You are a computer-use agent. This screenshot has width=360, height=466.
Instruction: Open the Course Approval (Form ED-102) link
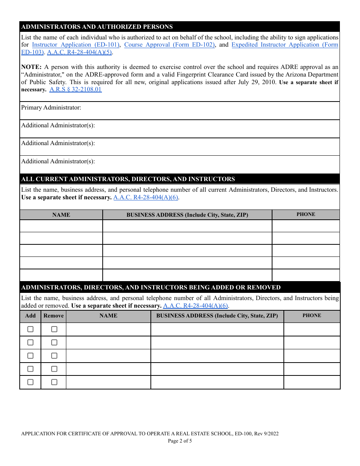pos(169,45)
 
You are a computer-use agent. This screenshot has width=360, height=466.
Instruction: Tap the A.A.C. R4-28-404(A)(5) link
pos(79,52)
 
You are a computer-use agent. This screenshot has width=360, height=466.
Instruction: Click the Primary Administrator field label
pos(51,108)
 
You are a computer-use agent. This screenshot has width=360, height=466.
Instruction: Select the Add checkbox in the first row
pos(30,329)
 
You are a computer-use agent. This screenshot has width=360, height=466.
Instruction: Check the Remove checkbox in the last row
pos(54,382)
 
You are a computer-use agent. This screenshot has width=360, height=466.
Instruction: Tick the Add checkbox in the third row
pos(30,356)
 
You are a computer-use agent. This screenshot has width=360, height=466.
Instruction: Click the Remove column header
pos(53,316)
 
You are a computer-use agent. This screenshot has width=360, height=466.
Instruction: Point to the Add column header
pos(30,316)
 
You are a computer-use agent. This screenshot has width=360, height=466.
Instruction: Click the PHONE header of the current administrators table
pos(306,214)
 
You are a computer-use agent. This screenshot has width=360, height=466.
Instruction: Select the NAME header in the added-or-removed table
pos(108,316)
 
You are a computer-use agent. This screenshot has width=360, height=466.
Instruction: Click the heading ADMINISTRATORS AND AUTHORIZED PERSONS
pos(97,27)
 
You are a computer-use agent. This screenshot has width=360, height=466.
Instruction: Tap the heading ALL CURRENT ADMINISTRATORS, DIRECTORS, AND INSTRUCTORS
pos(128,179)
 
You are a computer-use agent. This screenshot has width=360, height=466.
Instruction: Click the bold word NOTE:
pos(31,67)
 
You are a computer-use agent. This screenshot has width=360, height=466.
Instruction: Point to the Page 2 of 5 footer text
pos(180,441)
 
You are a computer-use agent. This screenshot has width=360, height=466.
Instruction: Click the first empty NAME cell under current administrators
pos(61,226)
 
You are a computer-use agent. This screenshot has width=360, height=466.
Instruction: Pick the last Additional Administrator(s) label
pos(58,161)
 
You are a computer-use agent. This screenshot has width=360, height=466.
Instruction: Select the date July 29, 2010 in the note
pos(258,82)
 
